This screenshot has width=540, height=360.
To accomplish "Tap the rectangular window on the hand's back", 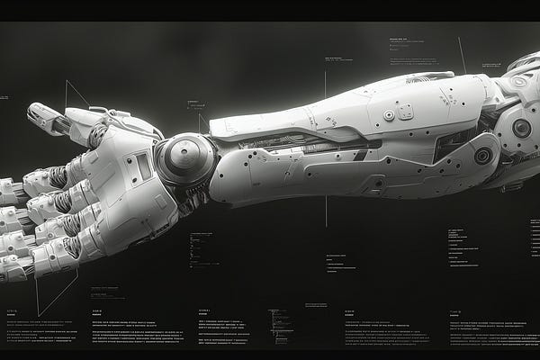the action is (143, 166).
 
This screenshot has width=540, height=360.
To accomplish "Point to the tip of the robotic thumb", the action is (34, 112).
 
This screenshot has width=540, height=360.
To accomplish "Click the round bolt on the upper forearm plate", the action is (389, 115).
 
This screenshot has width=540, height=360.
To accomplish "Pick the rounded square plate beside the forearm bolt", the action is (405, 111).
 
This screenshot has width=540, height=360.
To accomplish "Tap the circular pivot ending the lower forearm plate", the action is (483, 156).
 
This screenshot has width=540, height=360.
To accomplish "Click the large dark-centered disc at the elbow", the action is (521, 128).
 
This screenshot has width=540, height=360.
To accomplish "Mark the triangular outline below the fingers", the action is (56, 292).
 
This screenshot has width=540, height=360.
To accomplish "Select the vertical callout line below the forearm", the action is (326, 211).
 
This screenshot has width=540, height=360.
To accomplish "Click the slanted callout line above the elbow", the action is (462, 54).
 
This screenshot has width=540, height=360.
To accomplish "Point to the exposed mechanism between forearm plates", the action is (297, 143).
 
